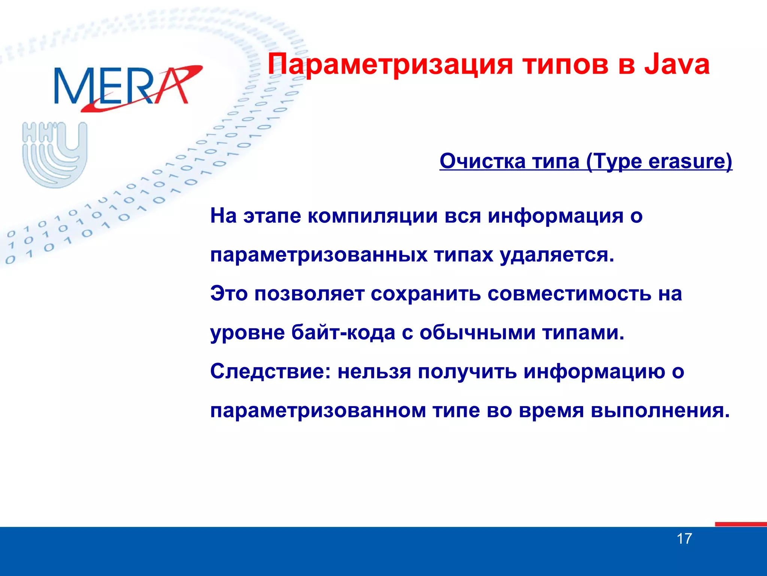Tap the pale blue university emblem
[x=55, y=154]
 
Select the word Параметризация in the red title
[x=390, y=64]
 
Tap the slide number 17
[x=684, y=539]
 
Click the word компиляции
[x=373, y=216]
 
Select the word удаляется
[x=557, y=255]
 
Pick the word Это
[x=229, y=293]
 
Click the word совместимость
[x=569, y=294]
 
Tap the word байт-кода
[x=343, y=333]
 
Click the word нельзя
[x=374, y=372]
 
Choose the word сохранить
[x=426, y=294]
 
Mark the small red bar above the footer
[x=740, y=524]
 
